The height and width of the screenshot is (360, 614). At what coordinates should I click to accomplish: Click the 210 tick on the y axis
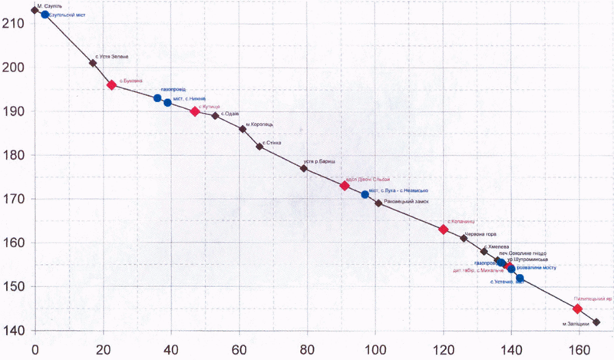(x=17, y=24)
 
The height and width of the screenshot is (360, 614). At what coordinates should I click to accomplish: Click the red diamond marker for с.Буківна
(x=111, y=85)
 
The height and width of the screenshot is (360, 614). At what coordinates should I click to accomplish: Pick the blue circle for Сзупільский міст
(x=45, y=15)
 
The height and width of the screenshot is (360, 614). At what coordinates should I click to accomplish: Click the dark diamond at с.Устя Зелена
(x=93, y=63)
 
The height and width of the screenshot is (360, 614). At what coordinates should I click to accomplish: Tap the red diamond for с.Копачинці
(x=443, y=230)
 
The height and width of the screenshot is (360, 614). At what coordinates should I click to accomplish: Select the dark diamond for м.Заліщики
(x=596, y=322)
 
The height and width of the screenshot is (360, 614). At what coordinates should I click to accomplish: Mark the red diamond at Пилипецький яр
(x=578, y=309)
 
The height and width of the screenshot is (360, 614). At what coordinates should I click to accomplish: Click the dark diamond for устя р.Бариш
(x=304, y=168)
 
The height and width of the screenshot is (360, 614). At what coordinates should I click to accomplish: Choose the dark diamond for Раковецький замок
(x=378, y=203)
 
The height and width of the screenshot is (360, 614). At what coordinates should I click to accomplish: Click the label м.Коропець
(x=259, y=124)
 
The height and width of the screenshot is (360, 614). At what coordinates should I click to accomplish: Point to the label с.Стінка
(x=272, y=143)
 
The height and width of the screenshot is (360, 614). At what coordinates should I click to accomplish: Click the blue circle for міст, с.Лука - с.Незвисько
(x=365, y=194)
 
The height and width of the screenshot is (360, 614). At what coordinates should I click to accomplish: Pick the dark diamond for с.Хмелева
(x=484, y=251)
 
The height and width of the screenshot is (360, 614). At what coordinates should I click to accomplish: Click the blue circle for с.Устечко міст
(x=520, y=278)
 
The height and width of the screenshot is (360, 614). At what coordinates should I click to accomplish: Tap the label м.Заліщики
(x=575, y=324)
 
